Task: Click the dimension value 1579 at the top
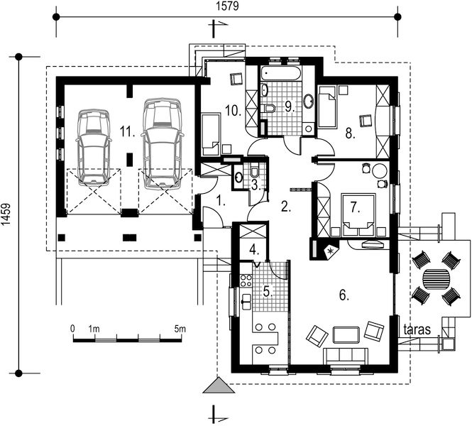228,6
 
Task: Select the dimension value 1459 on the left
6,214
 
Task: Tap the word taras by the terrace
417,329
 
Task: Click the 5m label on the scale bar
180,329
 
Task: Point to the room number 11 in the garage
127,132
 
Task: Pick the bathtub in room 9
280,73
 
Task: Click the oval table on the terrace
437,279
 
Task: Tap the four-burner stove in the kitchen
246,280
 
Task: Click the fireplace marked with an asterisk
331,251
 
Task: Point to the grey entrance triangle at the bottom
219,385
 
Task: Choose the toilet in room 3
254,171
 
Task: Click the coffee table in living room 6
346,335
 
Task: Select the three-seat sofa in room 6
346,356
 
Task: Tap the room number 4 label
253,249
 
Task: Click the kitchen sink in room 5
246,302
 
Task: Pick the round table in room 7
379,171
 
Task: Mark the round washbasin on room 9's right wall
309,101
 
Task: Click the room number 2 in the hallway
285,207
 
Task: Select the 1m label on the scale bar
94,329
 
